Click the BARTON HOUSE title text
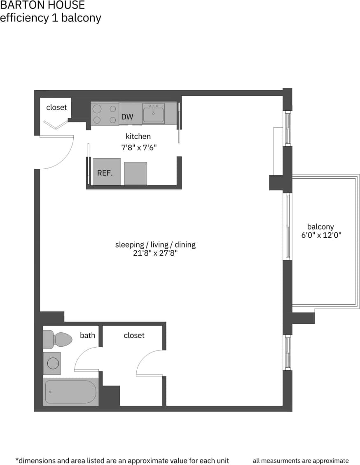point(42,5)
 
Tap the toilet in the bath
point(57,339)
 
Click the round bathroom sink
point(53,363)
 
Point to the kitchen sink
point(153,113)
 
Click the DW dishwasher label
point(127,117)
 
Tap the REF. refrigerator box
point(106,172)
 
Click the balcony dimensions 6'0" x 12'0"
point(321,236)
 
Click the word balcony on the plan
point(320,227)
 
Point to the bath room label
point(87,335)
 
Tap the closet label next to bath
point(134,335)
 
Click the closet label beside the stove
point(56,107)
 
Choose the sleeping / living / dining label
point(155,245)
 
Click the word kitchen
point(138,136)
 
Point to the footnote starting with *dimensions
point(122,460)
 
